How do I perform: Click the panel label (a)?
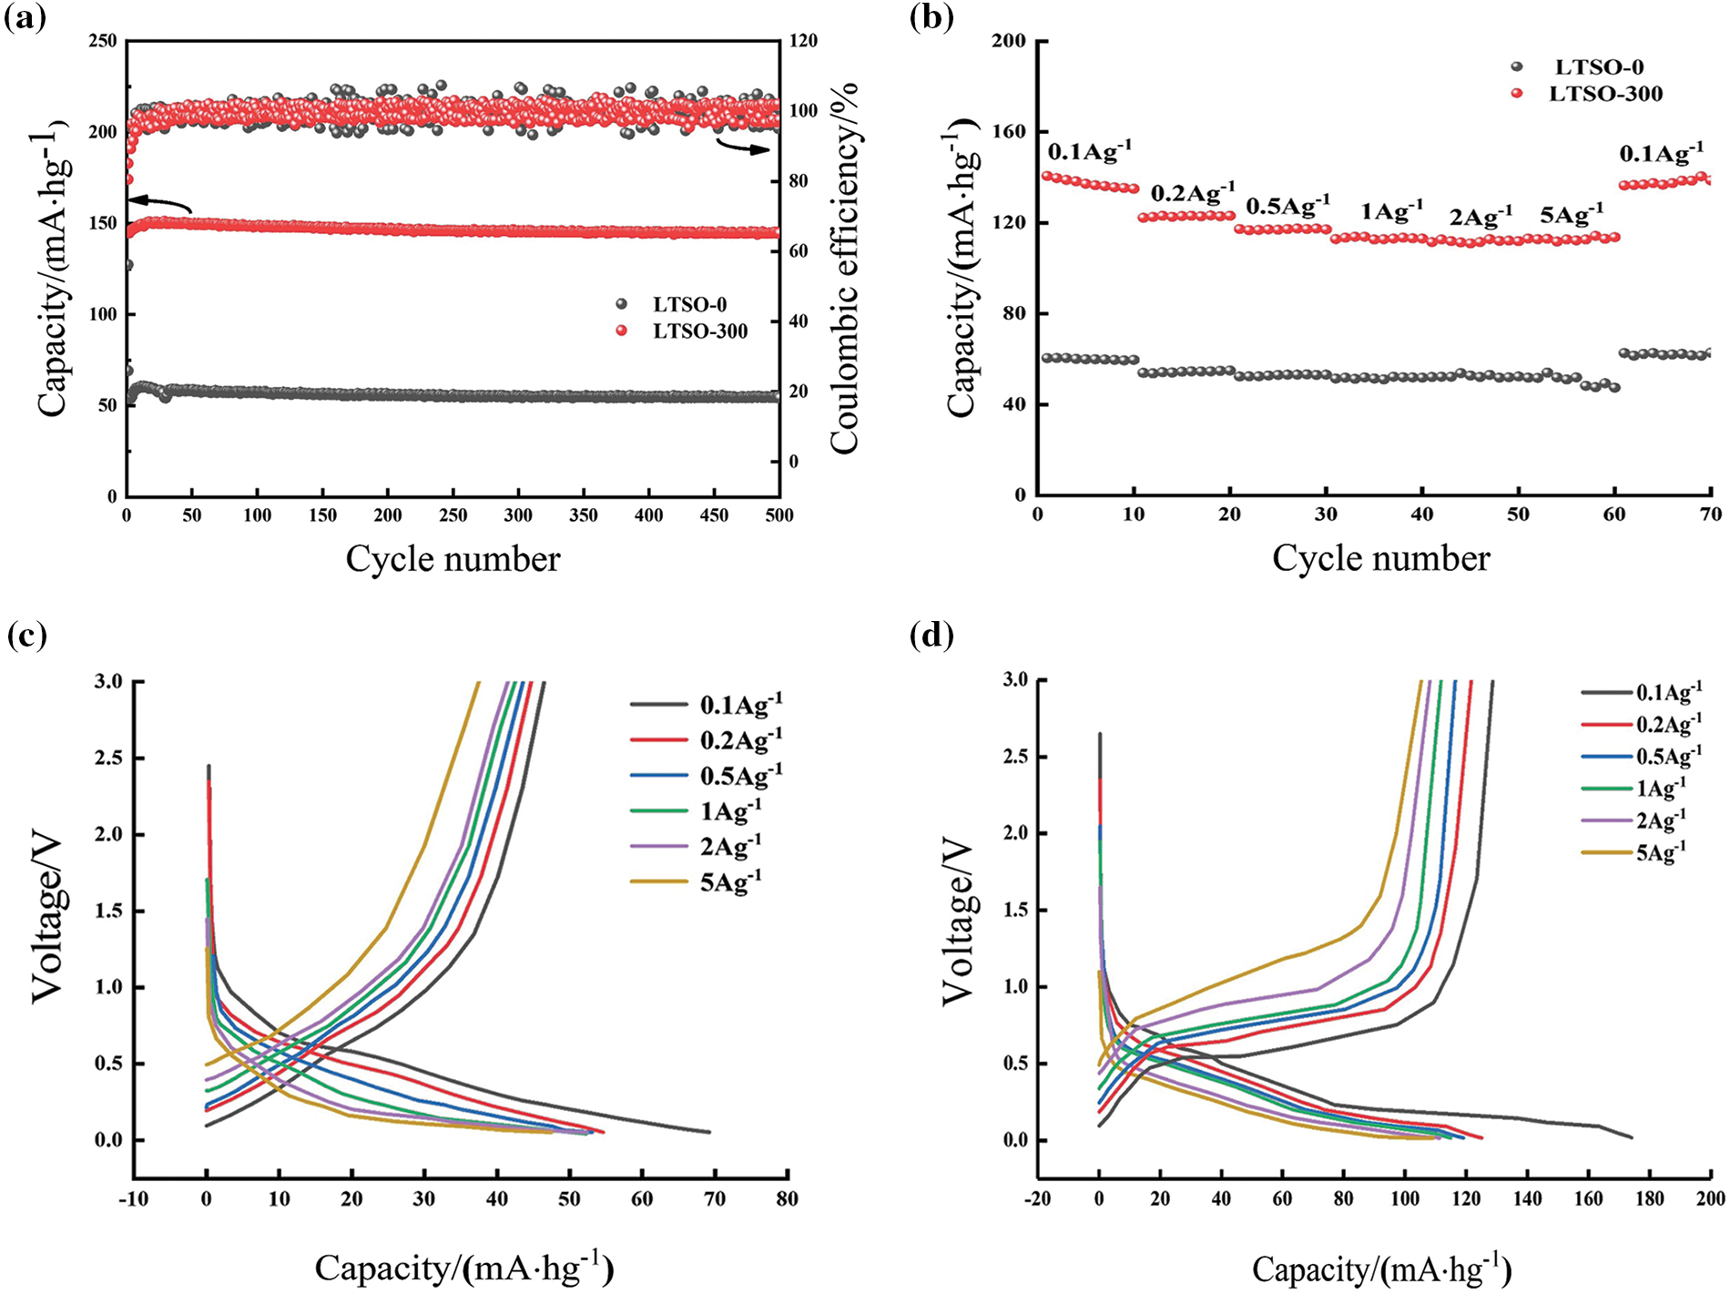[25, 18]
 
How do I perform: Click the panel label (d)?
[931, 635]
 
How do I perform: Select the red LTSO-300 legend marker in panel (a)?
[622, 331]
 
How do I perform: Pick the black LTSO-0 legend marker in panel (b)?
[1516, 66]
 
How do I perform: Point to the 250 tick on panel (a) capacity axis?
[103, 41]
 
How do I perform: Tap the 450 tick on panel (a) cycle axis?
[714, 515]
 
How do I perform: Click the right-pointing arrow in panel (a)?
[742, 146]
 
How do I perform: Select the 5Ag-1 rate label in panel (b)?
[1571, 215]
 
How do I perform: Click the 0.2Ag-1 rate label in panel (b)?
[1193, 193]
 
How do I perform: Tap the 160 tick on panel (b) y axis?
[1009, 132]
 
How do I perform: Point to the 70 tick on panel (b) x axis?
[1710, 515]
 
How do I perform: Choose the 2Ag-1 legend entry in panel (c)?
[730, 846]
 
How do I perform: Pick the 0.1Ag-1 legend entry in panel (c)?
[740, 704]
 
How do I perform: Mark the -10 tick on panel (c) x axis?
[133, 1199]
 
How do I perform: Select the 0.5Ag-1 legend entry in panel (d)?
[1668, 756]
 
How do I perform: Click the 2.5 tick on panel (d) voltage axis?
[1016, 757]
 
